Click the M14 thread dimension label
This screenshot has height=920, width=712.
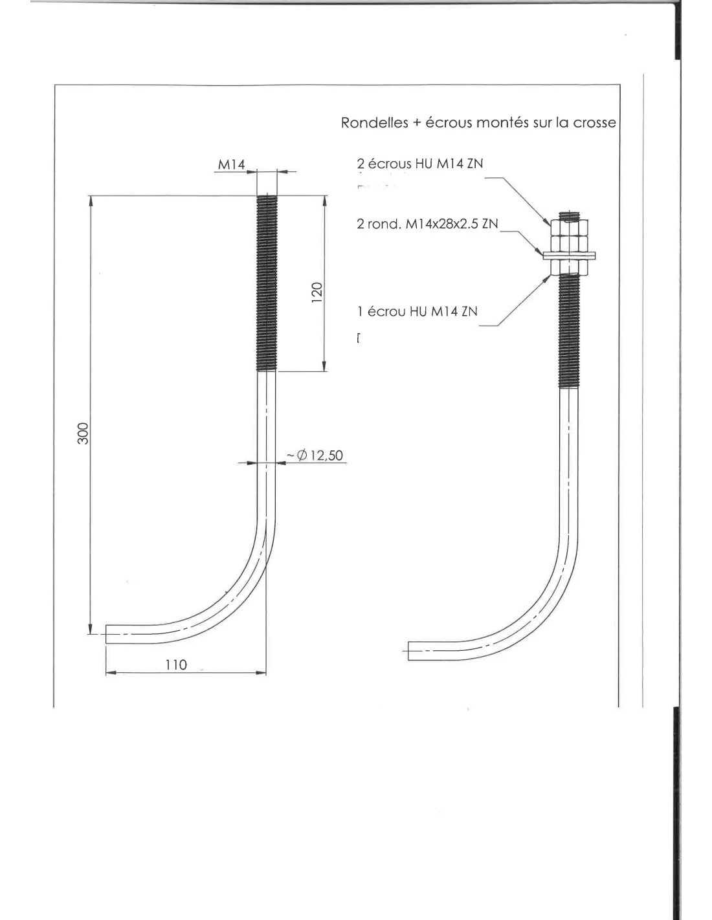point(232,164)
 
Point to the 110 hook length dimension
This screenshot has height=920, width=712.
point(175,664)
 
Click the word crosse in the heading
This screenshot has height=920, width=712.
point(594,122)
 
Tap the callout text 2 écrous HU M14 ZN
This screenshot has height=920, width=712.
point(419,164)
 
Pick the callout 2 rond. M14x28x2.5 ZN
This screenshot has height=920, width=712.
point(427,224)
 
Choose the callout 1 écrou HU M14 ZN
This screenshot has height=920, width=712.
point(417,311)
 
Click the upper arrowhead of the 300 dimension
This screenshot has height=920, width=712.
point(90,201)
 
